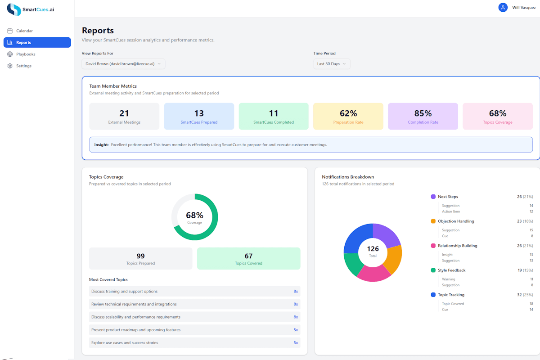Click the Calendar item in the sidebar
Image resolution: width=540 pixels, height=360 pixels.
click(24, 31)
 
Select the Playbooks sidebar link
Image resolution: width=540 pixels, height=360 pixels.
click(26, 54)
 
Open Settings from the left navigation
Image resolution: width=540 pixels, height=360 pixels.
click(24, 66)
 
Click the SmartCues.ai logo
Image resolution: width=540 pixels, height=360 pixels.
click(31, 9)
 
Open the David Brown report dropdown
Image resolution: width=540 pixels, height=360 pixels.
click(123, 64)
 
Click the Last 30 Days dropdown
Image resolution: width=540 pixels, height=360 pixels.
click(332, 64)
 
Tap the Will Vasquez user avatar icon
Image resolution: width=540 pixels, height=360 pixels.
click(503, 8)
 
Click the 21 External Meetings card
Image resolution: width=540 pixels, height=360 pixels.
click(124, 117)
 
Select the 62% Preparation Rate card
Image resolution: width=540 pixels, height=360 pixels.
click(348, 117)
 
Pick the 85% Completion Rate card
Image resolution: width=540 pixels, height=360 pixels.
click(423, 117)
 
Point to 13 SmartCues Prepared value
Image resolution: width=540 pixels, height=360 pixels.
click(199, 113)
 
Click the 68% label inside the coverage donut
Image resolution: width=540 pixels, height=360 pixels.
click(195, 216)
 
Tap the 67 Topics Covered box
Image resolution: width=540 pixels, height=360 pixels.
click(248, 259)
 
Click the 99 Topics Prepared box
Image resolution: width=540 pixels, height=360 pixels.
click(140, 259)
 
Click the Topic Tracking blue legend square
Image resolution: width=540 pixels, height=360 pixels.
click(433, 295)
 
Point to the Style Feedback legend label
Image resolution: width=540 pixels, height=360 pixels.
click(452, 270)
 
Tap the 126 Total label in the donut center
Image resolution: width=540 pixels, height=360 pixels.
click(373, 251)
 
